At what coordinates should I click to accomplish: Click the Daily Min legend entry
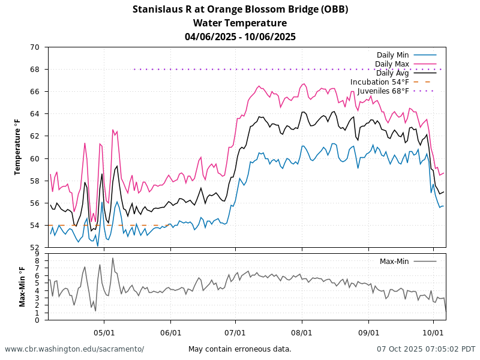coord(393,55)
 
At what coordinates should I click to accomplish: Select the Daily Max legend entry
coord(392,64)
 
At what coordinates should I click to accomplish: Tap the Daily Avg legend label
coord(392,73)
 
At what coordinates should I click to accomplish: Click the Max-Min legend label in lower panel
coord(394,261)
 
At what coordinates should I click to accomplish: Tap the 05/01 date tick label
coord(104,332)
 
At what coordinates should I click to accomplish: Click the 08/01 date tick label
coord(302,332)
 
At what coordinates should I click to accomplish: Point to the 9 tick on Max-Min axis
coord(37,254)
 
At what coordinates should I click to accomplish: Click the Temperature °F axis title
coord(18,147)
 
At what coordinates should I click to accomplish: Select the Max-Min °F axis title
coord(22,287)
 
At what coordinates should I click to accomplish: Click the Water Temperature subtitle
coord(240,23)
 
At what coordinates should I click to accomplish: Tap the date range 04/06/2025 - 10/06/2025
coord(240,37)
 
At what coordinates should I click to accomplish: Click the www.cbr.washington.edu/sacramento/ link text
coord(74,349)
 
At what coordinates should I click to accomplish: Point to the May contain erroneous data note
coord(240,349)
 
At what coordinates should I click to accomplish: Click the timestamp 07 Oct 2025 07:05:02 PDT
coord(426,349)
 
